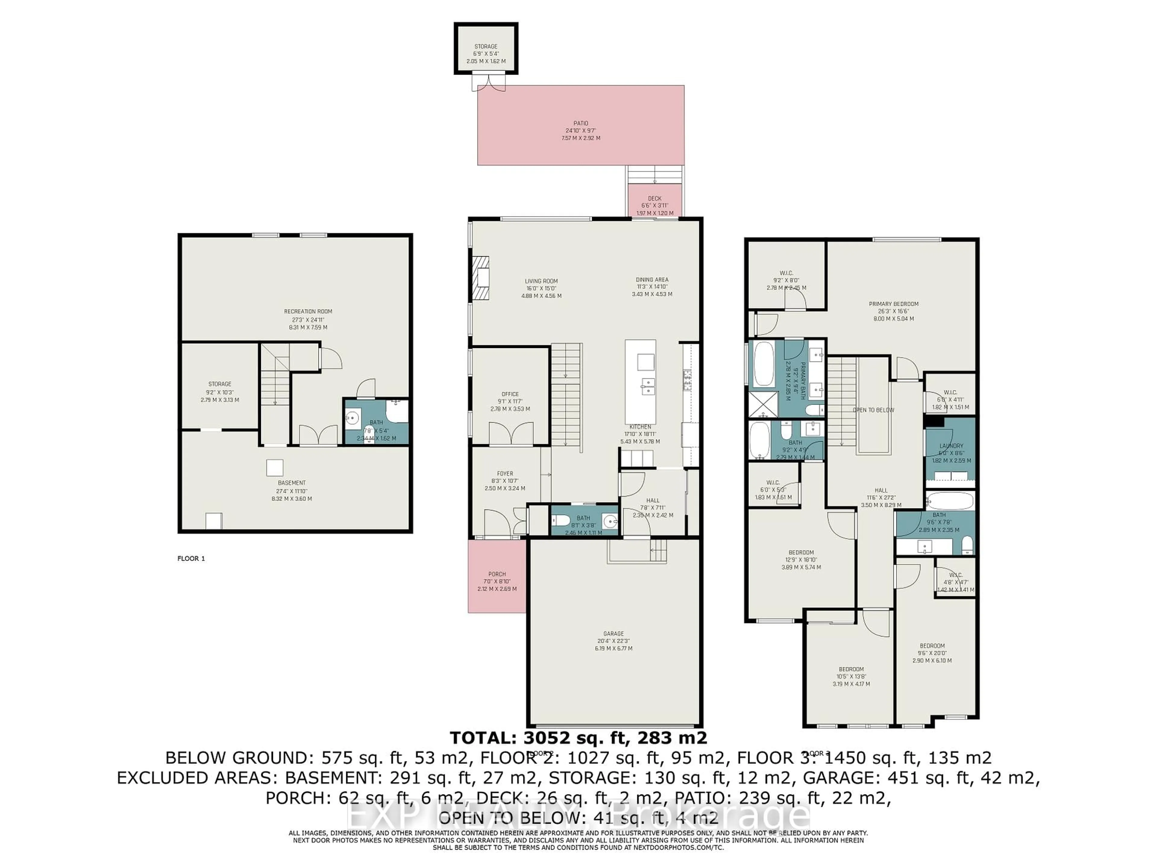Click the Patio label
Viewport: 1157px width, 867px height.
point(581,124)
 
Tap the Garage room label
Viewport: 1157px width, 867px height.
point(614,633)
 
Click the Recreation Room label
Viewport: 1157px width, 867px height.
point(308,312)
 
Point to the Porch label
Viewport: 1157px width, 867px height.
point(497,574)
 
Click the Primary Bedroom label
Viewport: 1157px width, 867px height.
point(893,304)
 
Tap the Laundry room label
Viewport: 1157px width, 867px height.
point(951,446)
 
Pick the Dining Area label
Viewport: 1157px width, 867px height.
point(652,280)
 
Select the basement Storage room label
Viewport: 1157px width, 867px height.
point(220,384)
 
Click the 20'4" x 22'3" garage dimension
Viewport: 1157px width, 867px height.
point(614,641)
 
